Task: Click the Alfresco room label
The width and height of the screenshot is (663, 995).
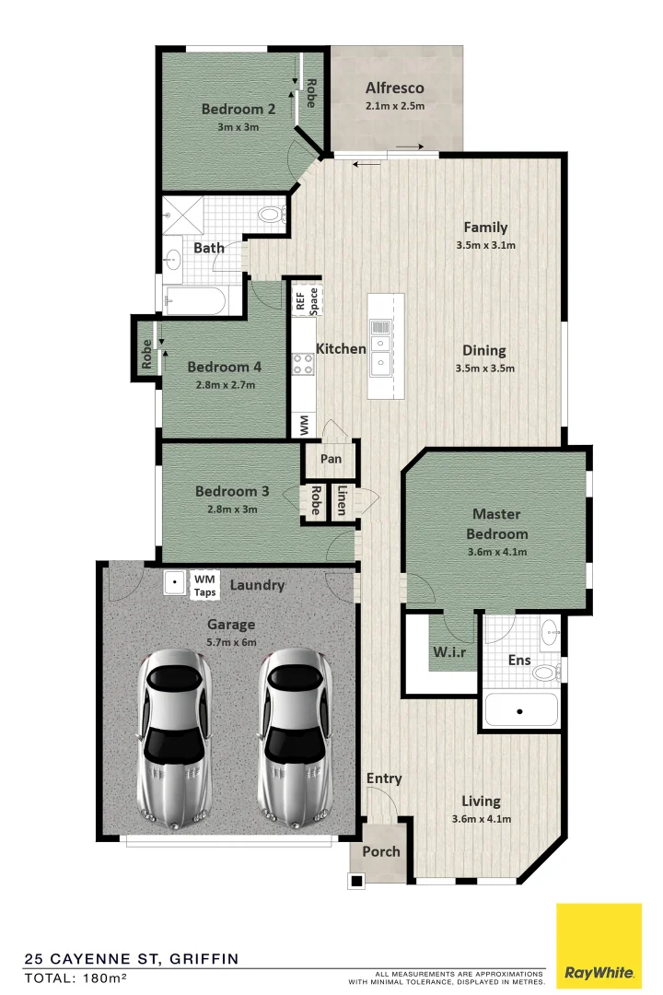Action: [394, 88]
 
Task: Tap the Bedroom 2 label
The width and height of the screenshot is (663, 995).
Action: [238, 110]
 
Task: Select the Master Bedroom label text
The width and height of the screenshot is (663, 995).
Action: [496, 523]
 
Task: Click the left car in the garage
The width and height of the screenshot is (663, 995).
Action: [175, 737]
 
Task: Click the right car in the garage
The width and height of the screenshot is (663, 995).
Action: [295, 737]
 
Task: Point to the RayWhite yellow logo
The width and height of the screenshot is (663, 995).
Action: [599, 944]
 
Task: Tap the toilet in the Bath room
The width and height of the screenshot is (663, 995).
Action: [270, 215]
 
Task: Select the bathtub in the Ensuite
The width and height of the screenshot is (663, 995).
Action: [521, 710]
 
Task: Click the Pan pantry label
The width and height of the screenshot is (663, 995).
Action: [331, 459]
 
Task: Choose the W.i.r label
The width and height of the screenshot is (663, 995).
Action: [448, 653]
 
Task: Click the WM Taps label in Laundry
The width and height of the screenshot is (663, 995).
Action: [204, 585]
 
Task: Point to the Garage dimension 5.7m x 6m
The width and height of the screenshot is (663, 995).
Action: [230, 643]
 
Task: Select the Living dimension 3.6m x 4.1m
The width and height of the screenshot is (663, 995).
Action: [482, 819]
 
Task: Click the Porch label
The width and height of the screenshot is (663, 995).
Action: [380, 851]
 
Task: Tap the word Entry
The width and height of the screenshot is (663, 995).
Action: [384, 778]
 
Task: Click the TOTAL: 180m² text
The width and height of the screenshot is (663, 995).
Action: [76, 977]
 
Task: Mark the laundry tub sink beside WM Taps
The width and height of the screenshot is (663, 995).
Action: [174, 583]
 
